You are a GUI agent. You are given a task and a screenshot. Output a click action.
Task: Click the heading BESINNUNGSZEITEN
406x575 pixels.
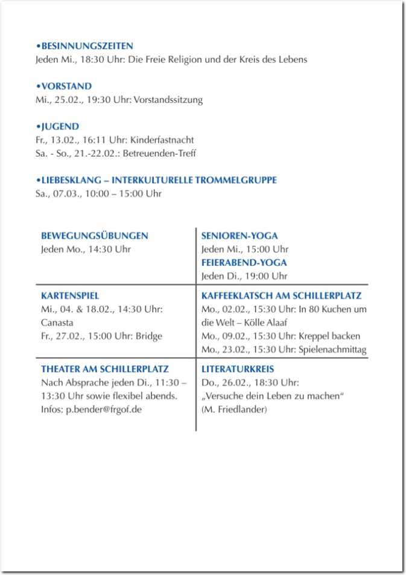point(87,46)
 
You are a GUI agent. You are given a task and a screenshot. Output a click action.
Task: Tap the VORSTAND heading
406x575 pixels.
point(66,86)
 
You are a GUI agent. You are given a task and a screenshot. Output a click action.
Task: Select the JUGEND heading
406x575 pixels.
point(60,127)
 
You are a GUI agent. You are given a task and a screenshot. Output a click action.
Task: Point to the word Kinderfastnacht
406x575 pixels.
point(163,140)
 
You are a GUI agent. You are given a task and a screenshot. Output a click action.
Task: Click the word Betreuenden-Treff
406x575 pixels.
point(159,153)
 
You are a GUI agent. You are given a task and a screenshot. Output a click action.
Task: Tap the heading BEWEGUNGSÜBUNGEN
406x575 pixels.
point(94,236)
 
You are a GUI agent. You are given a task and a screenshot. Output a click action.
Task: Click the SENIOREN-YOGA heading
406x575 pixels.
point(239,236)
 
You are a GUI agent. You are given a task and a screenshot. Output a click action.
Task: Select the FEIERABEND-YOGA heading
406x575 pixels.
point(244,263)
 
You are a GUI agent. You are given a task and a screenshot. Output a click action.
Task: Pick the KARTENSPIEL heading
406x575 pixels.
point(70,296)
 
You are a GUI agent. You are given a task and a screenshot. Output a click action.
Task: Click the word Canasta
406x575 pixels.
point(57,323)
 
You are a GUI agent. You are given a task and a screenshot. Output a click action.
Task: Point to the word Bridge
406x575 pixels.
point(149,336)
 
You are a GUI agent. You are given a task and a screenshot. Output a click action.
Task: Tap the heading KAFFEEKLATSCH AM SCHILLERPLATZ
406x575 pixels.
point(281,296)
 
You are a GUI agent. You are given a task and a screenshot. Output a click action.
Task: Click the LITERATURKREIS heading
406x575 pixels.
point(238,369)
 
